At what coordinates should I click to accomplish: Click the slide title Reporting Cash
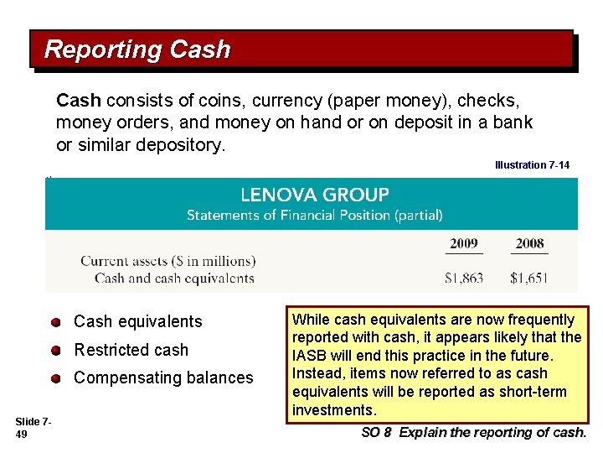137,49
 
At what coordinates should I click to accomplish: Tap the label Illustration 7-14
532,165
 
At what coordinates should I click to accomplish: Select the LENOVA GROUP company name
314,195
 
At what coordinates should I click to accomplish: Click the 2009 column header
464,243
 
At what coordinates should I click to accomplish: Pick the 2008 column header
529,243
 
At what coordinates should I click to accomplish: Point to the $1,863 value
464,278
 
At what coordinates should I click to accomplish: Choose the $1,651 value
529,278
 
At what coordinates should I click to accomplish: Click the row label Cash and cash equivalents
174,278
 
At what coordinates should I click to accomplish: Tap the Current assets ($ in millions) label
167,261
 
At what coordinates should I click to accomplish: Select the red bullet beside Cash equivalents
55,322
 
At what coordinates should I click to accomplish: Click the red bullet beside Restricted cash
55,351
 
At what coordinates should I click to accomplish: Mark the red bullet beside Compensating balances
55,378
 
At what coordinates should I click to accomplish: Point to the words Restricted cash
131,350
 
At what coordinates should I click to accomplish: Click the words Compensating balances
163,378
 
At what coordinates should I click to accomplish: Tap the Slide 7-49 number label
32,426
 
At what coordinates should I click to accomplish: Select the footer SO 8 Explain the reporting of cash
473,433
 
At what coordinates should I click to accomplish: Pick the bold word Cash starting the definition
78,101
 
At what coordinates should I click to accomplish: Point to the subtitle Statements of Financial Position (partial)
314,215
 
